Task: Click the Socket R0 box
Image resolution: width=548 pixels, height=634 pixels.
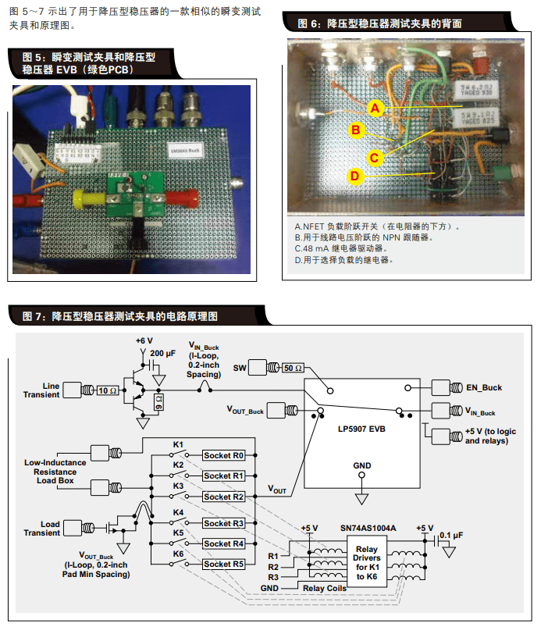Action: tap(224, 455)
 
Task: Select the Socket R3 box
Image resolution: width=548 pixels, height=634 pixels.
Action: tap(224, 523)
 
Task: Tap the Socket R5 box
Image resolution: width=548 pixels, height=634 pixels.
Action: tap(224, 564)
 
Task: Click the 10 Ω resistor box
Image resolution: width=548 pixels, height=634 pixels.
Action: tap(109, 390)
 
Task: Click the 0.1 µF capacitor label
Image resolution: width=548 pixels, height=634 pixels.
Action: tap(473, 535)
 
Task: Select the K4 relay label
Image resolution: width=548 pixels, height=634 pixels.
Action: tap(178, 512)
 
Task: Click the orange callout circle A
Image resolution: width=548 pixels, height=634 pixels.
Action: tap(375, 108)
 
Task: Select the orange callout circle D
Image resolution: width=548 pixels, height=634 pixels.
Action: tap(354, 176)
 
